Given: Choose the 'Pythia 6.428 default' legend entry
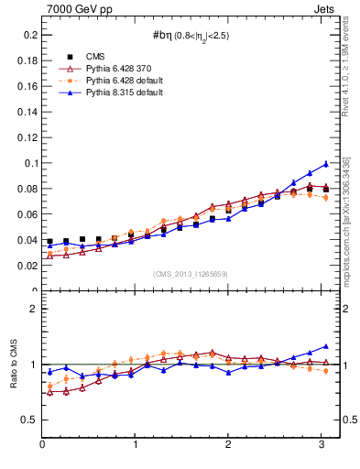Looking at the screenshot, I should (x=115, y=81).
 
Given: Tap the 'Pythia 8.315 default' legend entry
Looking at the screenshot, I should (x=115, y=93).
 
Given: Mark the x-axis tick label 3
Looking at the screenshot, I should (x=322, y=445).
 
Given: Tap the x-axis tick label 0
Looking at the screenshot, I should (x=42, y=445).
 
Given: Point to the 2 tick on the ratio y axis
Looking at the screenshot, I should (x=32, y=309).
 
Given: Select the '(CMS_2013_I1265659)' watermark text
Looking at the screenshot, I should (x=191, y=274).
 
